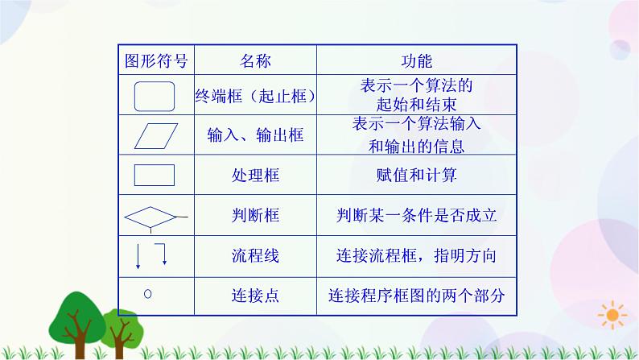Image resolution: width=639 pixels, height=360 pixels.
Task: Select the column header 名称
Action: [255, 61]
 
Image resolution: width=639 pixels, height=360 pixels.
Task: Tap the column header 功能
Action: [417, 61]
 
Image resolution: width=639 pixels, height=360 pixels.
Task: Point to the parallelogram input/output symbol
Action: [155, 136]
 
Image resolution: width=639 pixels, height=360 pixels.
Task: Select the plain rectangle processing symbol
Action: [154, 175]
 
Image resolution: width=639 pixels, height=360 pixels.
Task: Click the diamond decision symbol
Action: [150, 216]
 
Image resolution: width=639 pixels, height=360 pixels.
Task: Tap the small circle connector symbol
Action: [147, 293]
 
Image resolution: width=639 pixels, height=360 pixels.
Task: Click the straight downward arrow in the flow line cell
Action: [138, 254]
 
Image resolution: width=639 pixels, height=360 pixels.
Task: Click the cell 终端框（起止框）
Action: [255, 97]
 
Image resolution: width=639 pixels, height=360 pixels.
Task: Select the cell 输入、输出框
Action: [255, 136]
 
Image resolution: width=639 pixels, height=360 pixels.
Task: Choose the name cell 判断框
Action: [255, 216]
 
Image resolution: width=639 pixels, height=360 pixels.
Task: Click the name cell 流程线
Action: [255, 256]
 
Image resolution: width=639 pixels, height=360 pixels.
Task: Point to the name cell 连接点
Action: [255, 296]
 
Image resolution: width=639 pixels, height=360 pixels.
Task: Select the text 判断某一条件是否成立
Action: [417, 216]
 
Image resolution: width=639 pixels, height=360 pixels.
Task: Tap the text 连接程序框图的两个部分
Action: [417, 296]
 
